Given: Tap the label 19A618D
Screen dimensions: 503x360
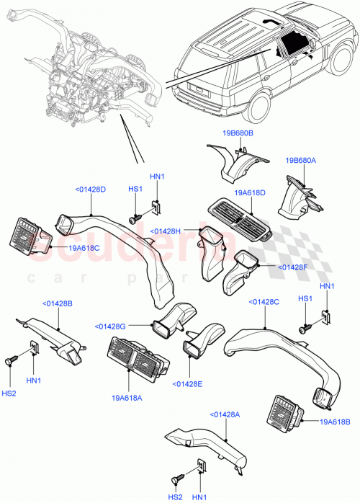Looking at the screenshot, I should [250, 192].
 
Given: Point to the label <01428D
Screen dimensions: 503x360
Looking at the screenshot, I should [90, 190].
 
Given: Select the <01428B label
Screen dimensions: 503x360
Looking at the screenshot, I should [57, 303].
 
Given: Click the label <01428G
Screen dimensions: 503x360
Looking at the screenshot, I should [110, 326].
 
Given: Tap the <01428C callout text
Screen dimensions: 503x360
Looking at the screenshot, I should [264, 302].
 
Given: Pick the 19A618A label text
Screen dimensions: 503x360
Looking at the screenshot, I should [127, 396].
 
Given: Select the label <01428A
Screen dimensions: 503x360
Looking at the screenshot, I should [226, 414].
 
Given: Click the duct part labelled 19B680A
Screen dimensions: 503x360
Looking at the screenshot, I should [297, 197].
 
